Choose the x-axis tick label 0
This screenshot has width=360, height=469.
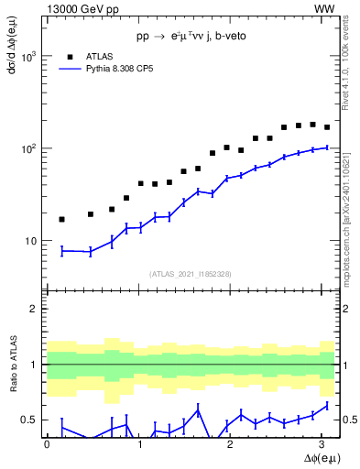pyautogui.click(x=47, y=443)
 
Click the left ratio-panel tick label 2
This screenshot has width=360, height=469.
pyautogui.click(x=35, y=309)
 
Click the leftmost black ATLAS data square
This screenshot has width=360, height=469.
pyautogui.click(x=61, y=219)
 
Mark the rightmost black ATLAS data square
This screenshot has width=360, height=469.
pyautogui.click(x=327, y=127)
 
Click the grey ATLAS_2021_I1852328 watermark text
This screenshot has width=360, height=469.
pyautogui.click(x=190, y=274)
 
